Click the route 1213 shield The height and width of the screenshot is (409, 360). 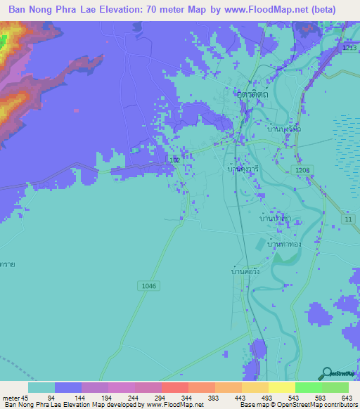click(349, 47)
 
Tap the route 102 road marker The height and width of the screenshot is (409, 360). click(176, 161)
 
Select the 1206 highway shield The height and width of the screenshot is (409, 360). click(303, 171)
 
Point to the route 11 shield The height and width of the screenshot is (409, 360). click(347, 221)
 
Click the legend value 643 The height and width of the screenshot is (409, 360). click(347, 398)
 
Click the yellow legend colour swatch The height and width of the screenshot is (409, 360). click(281, 387)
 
